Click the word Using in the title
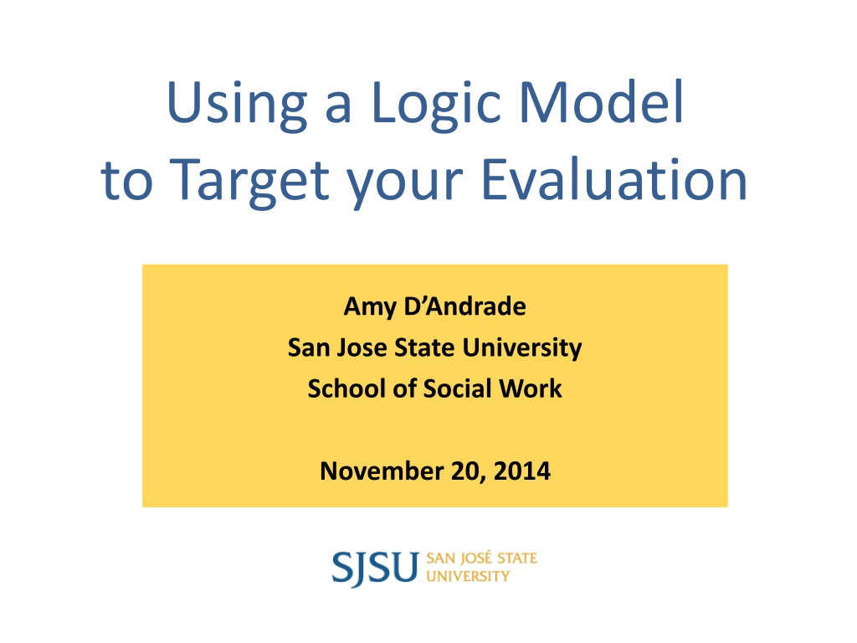[237, 105]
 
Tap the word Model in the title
[601, 101]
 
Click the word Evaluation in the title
[613, 179]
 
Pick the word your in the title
[405, 185]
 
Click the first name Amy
[370, 307]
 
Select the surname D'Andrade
[465, 306]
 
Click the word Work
[530, 388]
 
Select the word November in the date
[382, 471]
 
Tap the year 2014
[522, 471]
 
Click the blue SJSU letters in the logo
[375, 568]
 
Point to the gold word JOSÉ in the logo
[476, 558]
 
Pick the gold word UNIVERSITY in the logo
[468, 576]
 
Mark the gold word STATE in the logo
[517, 558]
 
